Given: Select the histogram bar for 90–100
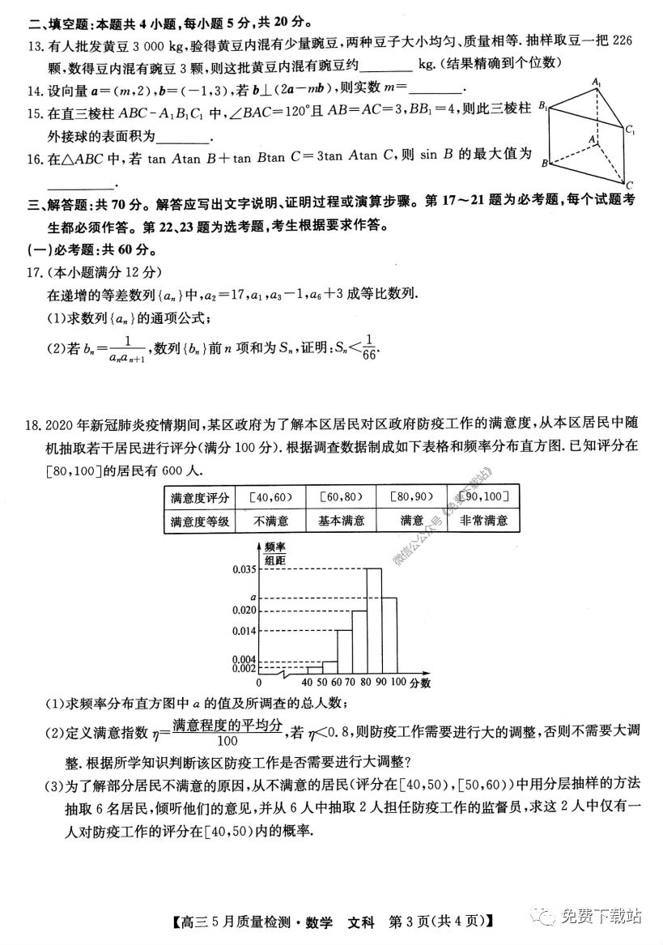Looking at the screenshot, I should point(389,636).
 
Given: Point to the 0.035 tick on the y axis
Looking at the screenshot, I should point(244,569).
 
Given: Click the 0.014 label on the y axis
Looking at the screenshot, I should point(244,631).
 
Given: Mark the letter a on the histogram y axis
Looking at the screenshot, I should point(253,598).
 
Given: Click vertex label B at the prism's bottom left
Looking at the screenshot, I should point(546,164).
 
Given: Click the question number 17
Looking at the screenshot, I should point(33,273).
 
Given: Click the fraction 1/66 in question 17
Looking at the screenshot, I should point(370,346).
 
